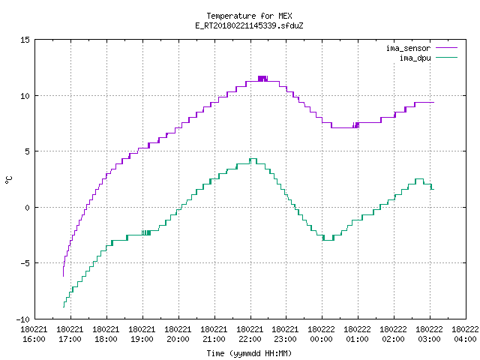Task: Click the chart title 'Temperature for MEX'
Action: [x=249, y=16]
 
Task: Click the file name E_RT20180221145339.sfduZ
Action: [x=249, y=25]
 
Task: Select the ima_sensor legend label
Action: [x=408, y=48]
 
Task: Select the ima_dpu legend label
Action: [x=415, y=58]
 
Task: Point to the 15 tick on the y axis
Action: [x=25, y=40]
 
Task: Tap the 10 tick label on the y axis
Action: [x=25, y=96]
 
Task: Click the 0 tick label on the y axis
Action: [x=27, y=208]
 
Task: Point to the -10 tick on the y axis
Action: [x=23, y=319]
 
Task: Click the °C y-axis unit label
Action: [x=8, y=180]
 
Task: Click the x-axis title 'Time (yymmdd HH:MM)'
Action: [x=249, y=353]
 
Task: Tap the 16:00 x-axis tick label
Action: [x=34, y=339]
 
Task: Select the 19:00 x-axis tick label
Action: [x=142, y=339]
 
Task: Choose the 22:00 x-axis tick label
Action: [x=250, y=339]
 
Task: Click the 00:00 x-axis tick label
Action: [x=322, y=339]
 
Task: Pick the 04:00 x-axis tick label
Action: [x=465, y=339]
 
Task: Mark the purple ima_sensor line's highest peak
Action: [x=262, y=76]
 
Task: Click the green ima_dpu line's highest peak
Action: [x=253, y=158]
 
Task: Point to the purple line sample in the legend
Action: [x=447, y=48]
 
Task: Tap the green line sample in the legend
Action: [x=447, y=58]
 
